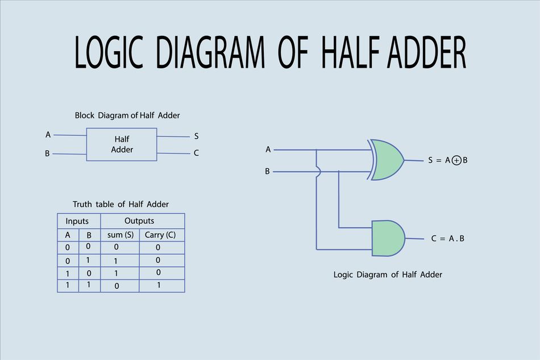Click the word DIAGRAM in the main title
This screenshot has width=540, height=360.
(210, 52)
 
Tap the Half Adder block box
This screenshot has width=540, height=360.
(122, 144)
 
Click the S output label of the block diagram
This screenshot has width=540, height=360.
(196, 136)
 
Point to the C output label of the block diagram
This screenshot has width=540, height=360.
(196, 153)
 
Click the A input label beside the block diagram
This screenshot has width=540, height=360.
(48, 135)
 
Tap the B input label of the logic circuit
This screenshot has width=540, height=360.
(267, 171)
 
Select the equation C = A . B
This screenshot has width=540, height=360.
(448, 239)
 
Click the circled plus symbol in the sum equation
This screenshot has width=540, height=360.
(456, 160)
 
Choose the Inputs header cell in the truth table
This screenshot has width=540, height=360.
(77, 221)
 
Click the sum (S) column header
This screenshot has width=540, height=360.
(121, 234)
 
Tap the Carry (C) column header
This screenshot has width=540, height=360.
(160, 234)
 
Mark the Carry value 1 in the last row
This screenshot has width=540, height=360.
(159, 285)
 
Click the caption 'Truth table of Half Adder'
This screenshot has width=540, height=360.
(121, 204)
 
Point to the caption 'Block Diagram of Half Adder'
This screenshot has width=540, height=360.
(127, 115)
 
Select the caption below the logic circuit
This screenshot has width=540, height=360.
(388, 275)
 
